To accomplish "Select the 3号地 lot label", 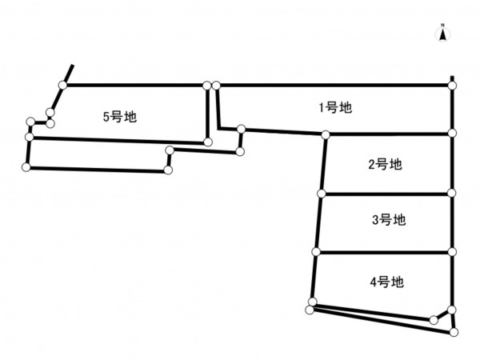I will tap(390, 219).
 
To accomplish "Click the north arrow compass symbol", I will tap(442, 34).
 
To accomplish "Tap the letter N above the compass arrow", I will tap(442, 26).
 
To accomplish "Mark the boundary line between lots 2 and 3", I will tap(386, 194).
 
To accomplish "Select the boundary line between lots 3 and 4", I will tap(384, 253).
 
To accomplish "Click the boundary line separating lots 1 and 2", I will tap(389, 134).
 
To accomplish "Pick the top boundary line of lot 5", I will tap(136, 84).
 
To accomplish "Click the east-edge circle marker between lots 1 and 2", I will tap(452, 133).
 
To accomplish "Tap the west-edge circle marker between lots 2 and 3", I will tap(321, 194).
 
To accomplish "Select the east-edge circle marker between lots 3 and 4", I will tap(452, 253).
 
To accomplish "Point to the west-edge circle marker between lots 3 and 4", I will tap(316, 253).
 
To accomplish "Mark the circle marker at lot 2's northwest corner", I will tap(326, 136).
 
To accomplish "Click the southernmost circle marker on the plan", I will tap(454, 331).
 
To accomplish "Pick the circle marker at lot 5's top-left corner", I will tap(62, 85).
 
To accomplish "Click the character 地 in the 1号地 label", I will tap(346, 106).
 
